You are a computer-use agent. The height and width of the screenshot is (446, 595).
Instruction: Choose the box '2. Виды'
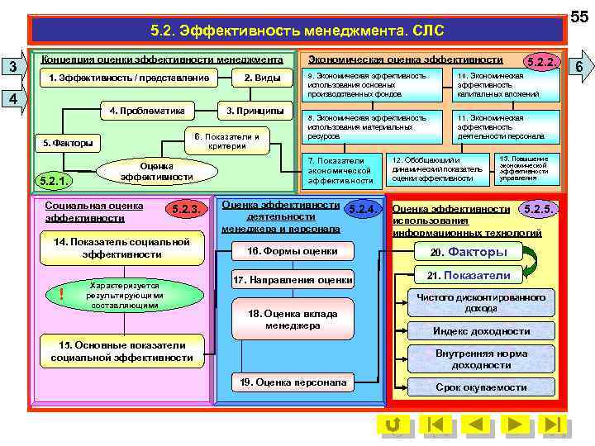pyautogui.click(x=262, y=78)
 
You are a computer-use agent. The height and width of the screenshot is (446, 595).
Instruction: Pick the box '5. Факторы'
pyautogui.click(x=68, y=143)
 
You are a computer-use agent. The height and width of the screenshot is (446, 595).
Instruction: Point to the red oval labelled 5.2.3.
pyautogui.click(x=184, y=210)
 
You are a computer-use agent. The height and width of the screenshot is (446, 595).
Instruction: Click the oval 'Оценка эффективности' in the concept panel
pyautogui.click(x=156, y=171)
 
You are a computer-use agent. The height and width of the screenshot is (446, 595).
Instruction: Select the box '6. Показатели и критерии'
pyautogui.click(x=225, y=141)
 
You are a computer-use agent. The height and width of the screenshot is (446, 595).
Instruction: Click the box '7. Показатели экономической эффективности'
pyautogui.click(x=340, y=169)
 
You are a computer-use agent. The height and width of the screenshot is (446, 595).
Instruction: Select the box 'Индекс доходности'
pyautogui.click(x=481, y=331)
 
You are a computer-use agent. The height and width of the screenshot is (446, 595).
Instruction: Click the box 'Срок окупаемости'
pyautogui.click(x=481, y=387)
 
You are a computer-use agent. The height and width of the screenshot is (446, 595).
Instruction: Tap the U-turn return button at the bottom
pyautogui.click(x=393, y=425)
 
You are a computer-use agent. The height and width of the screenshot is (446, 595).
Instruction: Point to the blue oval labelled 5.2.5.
pyautogui.click(x=540, y=209)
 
